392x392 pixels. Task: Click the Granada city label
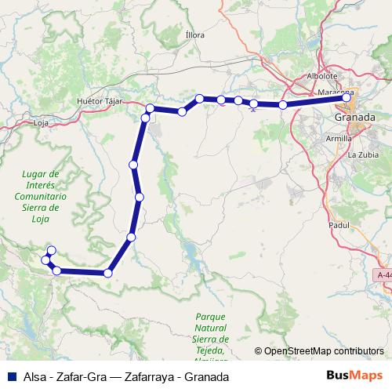tap(354, 117)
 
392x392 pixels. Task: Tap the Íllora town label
tap(194, 35)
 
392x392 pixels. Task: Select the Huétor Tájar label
tap(101, 102)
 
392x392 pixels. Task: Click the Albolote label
tap(321, 76)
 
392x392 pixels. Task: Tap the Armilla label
tap(339, 138)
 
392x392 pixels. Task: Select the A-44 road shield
tap(383, 275)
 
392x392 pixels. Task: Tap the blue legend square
tap(11, 376)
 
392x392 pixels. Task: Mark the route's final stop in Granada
tap(347, 98)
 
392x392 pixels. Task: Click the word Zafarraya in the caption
tap(147, 376)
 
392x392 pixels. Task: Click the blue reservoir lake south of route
tap(191, 252)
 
